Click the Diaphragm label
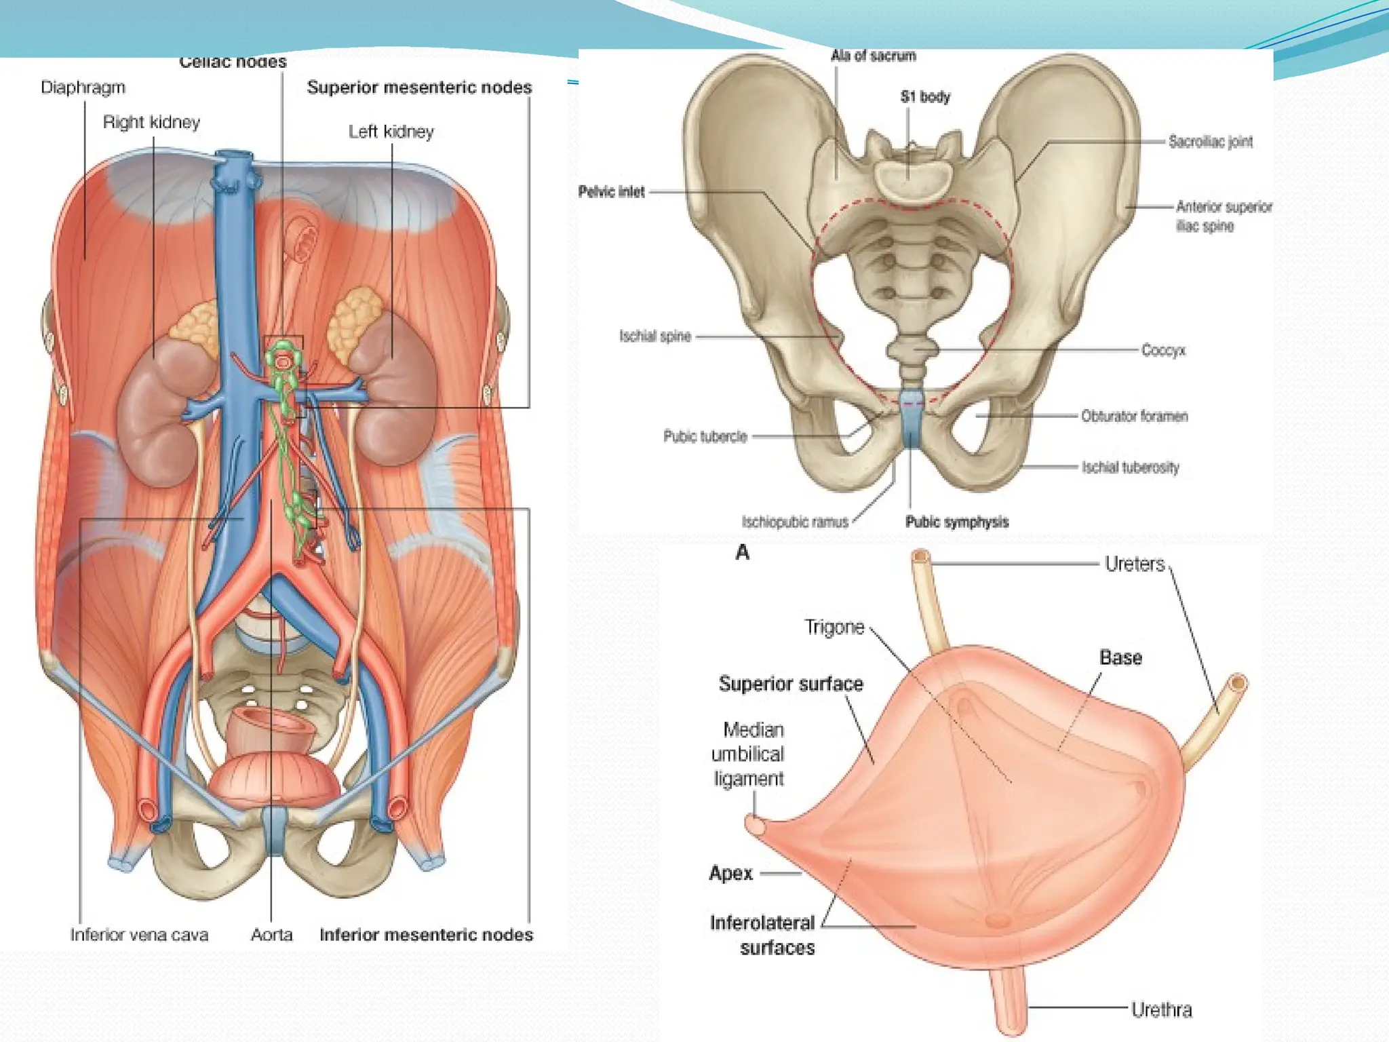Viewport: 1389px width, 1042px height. point(83,88)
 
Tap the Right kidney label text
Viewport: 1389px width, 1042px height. point(151,122)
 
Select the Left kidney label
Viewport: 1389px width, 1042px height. point(391,132)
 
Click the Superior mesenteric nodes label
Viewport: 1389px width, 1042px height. point(419,88)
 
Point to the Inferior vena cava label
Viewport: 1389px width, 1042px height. point(139,935)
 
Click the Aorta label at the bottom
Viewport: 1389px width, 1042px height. point(271,935)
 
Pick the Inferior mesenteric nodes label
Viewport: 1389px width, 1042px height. point(426,935)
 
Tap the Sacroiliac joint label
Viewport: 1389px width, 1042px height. point(1210,142)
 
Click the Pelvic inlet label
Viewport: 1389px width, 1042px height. point(611,192)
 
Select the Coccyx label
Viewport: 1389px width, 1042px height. point(1163,350)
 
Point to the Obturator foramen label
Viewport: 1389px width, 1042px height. point(1134,416)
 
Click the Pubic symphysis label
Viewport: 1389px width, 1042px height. point(956,522)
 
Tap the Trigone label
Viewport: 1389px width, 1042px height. point(834,627)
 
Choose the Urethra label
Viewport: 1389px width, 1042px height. point(1161,1010)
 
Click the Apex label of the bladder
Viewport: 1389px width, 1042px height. point(730,873)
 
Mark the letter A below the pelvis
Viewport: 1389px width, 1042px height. point(743,553)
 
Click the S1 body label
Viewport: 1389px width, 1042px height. point(925,97)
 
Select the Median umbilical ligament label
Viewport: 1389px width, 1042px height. point(749,754)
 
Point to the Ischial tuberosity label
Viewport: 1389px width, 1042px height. point(1130,467)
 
